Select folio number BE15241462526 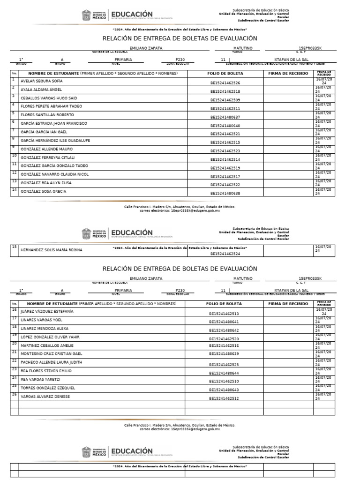(225, 83)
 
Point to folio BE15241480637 (225, 117)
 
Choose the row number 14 (14, 190)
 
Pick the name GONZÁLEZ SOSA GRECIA (43, 191)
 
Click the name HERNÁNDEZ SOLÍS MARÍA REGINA (52, 250)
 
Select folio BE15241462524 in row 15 (225, 254)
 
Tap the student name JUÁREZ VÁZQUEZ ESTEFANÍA (47, 311)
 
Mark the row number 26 (14, 395)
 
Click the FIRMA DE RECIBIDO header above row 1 (288, 74)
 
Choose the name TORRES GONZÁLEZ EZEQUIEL (48, 388)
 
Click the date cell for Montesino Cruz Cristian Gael (324, 354)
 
